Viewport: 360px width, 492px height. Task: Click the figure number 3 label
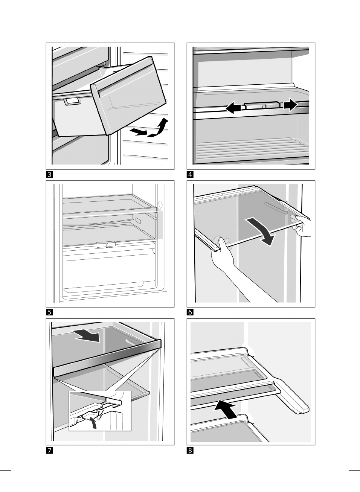(49, 174)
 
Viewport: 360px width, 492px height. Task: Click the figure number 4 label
(190, 174)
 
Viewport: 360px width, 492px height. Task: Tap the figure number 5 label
(49, 312)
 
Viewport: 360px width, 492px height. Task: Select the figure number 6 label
(190, 312)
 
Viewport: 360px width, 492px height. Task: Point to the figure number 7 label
(49, 450)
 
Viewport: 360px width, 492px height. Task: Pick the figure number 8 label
(190, 450)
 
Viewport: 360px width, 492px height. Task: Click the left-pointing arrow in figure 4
(233, 108)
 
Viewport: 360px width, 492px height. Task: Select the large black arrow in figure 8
(226, 410)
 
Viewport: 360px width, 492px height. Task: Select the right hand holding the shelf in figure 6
(302, 225)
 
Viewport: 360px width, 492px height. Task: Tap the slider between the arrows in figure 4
(261, 105)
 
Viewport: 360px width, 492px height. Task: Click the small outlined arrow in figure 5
(160, 205)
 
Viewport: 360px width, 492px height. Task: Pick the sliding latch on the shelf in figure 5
(106, 245)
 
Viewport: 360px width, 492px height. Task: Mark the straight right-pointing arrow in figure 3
(138, 131)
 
